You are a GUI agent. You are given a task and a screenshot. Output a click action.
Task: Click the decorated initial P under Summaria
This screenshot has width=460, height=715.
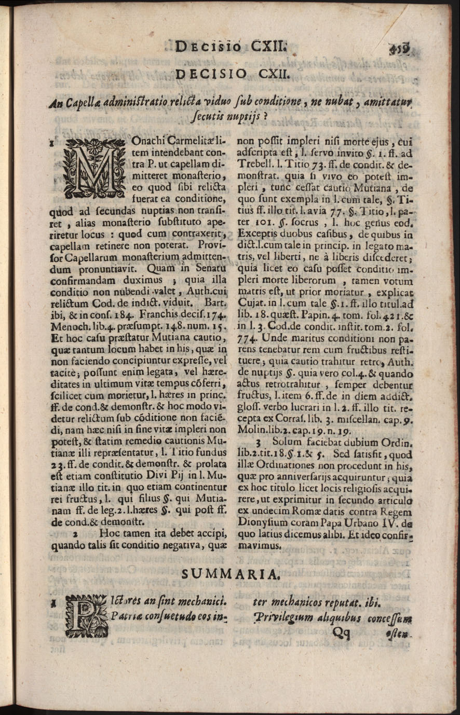tap(86, 616)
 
